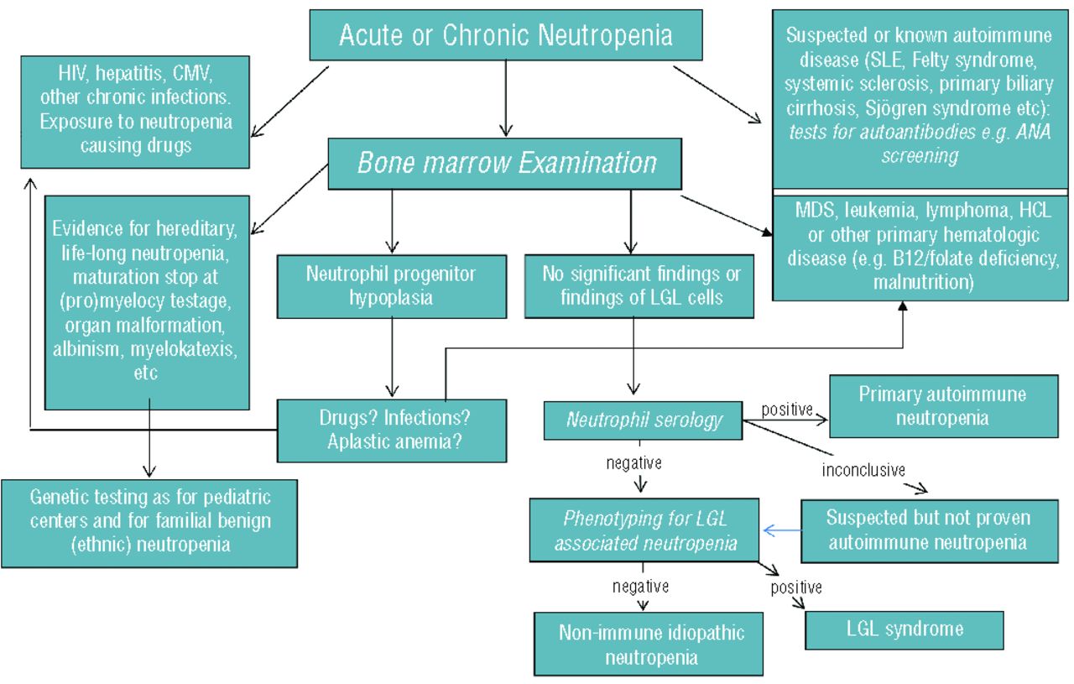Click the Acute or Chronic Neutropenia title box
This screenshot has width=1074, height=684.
pyautogui.click(x=505, y=36)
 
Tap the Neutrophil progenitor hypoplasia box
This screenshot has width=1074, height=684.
pyautogui.click(x=391, y=286)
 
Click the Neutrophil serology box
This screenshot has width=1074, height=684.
pyautogui.click(x=643, y=420)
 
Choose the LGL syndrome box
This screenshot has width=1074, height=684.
pyautogui.click(x=904, y=629)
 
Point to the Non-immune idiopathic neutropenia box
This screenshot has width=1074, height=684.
pyautogui.click(x=649, y=644)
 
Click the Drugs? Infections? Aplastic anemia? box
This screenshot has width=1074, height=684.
pyautogui.click(x=392, y=430)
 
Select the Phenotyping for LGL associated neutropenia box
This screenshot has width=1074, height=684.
pyautogui.click(x=644, y=530)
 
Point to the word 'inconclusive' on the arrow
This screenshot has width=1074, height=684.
pyautogui.click(x=863, y=470)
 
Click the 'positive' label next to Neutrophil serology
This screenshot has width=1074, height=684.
pyautogui.click(x=786, y=410)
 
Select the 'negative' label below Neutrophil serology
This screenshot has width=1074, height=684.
pyautogui.click(x=633, y=462)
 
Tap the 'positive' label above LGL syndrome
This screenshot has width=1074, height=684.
pyautogui.click(x=796, y=587)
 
